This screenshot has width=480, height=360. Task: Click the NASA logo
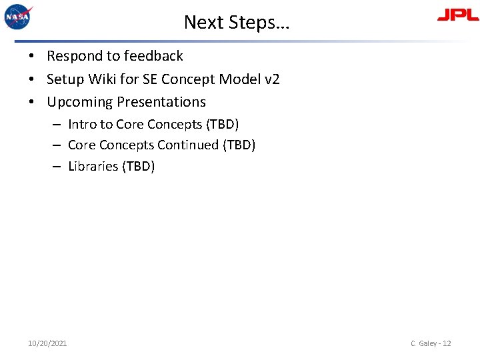pos(19,17)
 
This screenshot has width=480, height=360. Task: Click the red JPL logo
pos(457,15)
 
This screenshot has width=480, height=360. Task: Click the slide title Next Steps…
pos(237,22)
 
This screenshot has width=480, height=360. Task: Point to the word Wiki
pos(101,79)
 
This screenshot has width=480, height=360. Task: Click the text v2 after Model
pos(272,79)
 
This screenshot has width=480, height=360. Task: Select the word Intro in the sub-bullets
pos(82,124)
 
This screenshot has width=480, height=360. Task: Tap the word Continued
pos(187,145)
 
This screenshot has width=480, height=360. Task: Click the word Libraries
pos(93,166)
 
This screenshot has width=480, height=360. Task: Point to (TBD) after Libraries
pos(139,166)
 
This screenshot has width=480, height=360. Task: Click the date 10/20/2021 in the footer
pos(47,343)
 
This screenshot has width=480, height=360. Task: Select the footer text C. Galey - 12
pos(431,343)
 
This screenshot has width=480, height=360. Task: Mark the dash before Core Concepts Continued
pos(58,145)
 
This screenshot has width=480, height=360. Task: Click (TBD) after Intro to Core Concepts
pos(223,124)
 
